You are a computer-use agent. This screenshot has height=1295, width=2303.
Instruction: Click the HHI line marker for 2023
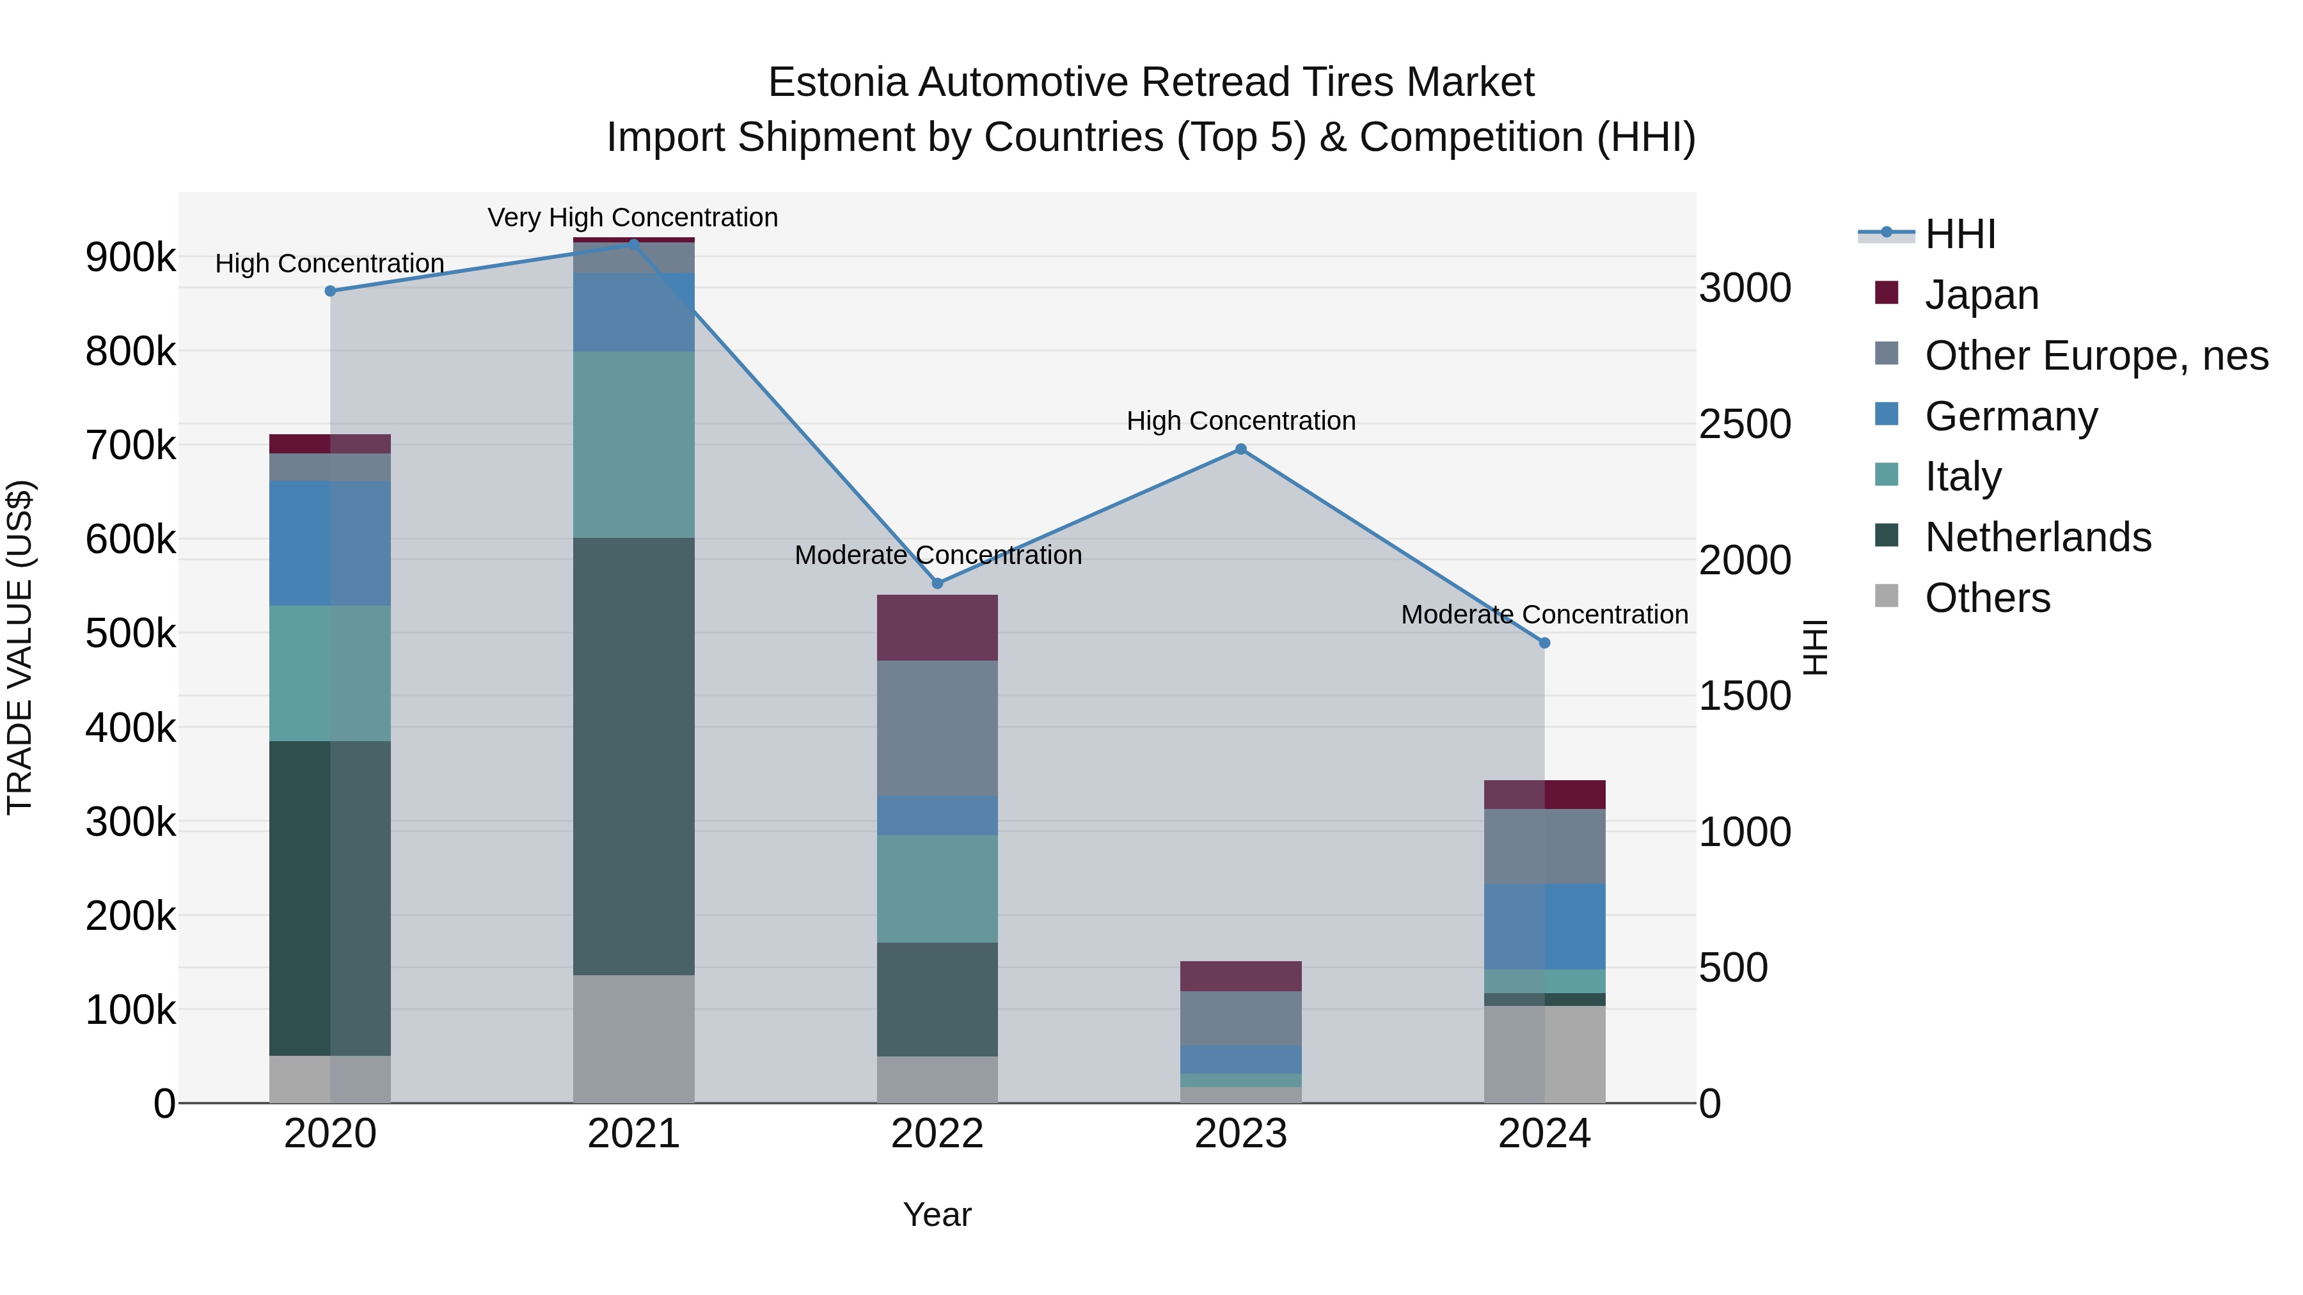[x=1241, y=450]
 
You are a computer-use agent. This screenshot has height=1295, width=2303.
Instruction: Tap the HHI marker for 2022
[x=938, y=584]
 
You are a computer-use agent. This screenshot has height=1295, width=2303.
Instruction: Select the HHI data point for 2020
[x=330, y=290]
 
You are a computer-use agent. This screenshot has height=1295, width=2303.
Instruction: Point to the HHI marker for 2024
[x=1544, y=643]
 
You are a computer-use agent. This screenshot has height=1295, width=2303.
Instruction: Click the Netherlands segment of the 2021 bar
[x=634, y=755]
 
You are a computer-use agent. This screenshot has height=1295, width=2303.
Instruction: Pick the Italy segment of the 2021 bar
[x=634, y=444]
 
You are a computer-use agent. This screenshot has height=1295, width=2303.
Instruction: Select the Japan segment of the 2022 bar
[x=938, y=627]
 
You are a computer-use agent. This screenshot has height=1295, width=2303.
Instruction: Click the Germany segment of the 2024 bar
[x=1544, y=926]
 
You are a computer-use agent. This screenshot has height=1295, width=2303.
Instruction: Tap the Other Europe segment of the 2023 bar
[x=1241, y=1018]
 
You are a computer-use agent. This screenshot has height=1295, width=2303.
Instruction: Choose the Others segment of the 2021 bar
[x=634, y=1039]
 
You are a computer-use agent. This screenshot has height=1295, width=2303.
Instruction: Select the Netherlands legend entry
[x=2038, y=537]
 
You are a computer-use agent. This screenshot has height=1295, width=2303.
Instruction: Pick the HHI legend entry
[x=1959, y=234]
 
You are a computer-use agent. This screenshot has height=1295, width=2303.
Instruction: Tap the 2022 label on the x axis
[x=938, y=1134]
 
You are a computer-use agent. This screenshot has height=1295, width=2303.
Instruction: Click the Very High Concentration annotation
[x=633, y=217]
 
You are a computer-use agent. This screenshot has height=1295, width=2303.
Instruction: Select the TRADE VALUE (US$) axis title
[x=20, y=647]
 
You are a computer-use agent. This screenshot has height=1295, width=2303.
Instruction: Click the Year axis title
[x=937, y=1214]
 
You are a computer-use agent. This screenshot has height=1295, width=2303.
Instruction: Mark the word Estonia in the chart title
[x=837, y=82]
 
